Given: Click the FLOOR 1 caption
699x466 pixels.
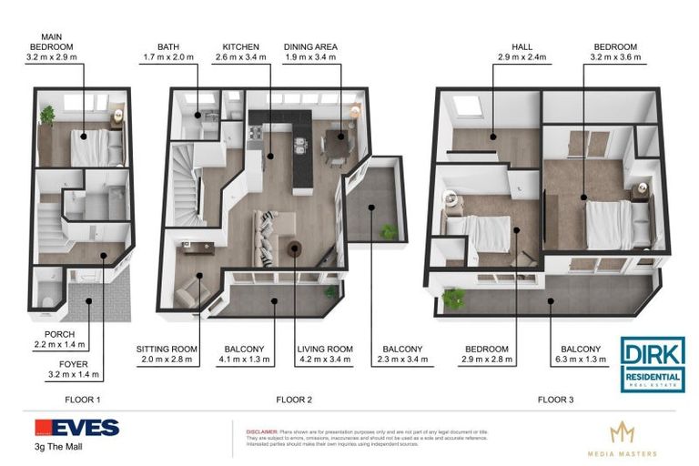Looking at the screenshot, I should pyautogui.click(x=82, y=399).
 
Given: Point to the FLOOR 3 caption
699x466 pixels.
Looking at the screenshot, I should pyautogui.click(x=556, y=399).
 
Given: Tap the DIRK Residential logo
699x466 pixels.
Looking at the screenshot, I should pyautogui.click(x=653, y=364).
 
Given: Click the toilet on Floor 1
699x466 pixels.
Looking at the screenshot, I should pyautogui.click(x=47, y=297).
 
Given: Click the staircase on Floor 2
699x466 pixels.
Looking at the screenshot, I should pyautogui.click(x=187, y=191).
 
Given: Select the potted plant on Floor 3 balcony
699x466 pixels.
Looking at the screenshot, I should pyautogui.click(x=453, y=298).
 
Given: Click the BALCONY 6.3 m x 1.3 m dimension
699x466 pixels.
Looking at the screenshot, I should pyautogui.click(x=580, y=360).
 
